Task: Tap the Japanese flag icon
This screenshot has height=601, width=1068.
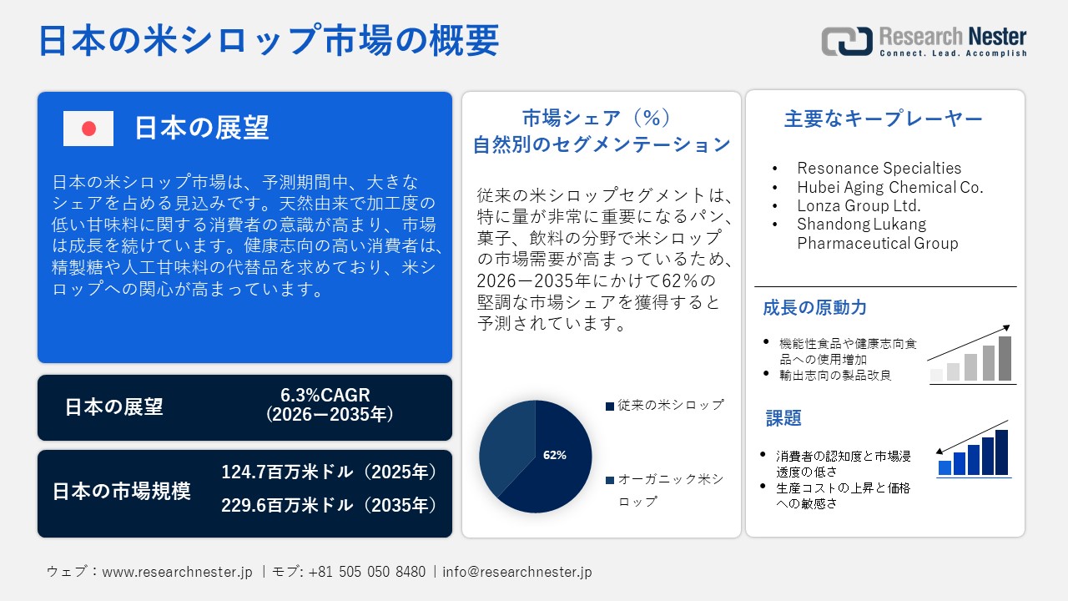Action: coord(88,129)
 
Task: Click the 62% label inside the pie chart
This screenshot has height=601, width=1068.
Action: coord(554,455)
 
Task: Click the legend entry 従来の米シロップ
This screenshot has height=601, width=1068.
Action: coord(665,405)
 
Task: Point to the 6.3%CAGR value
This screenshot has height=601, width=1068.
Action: coord(325,395)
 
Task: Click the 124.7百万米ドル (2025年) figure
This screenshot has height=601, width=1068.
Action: coord(330,472)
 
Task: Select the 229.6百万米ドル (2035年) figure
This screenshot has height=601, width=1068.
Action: coord(330,505)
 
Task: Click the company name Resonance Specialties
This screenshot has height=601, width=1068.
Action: coord(879,169)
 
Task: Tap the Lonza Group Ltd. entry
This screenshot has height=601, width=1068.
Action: coord(859,205)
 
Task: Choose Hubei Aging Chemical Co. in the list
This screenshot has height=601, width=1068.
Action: coord(889,187)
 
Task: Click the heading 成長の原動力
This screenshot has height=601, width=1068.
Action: coord(803,307)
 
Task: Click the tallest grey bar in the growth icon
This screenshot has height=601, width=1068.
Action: coord(1005,358)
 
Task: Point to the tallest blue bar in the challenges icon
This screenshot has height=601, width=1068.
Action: coord(1001,452)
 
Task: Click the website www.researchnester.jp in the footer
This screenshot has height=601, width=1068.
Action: coord(177,572)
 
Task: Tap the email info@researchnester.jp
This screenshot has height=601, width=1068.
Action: coord(517,572)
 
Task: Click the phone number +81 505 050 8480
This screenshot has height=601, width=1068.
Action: coord(366,572)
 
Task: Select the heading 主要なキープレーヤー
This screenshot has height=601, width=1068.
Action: coord(884,119)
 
